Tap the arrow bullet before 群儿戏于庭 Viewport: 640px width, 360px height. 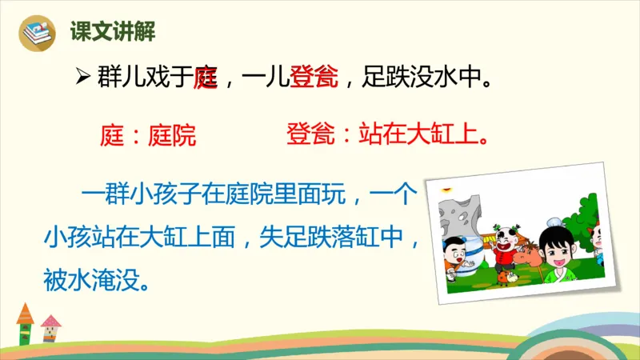[81, 79]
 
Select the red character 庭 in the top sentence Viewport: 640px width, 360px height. [207, 79]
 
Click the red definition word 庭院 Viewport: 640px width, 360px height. [171, 135]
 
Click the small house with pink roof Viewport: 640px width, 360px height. [50, 329]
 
